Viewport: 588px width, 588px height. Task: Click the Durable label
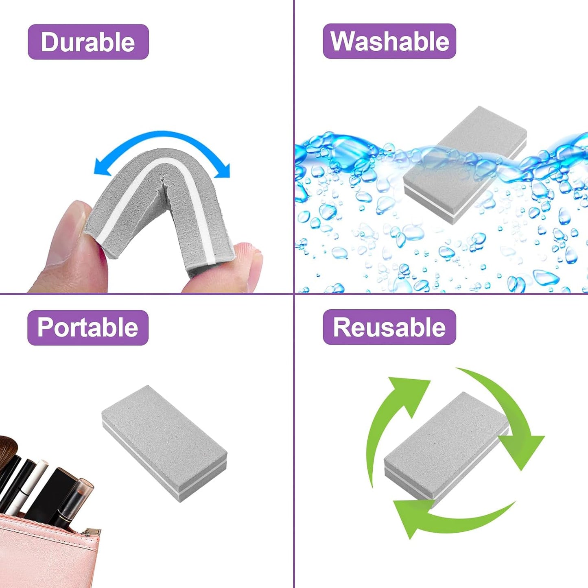(x=88, y=42)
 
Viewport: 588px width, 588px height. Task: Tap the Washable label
(x=389, y=41)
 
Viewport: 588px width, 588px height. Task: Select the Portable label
(x=88, y=328)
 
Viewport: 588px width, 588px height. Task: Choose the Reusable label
(x=389, y=327)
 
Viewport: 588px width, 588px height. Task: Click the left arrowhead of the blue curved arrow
(x=102, y=167)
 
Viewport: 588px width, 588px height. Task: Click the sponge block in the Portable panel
(x=164, y=444)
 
